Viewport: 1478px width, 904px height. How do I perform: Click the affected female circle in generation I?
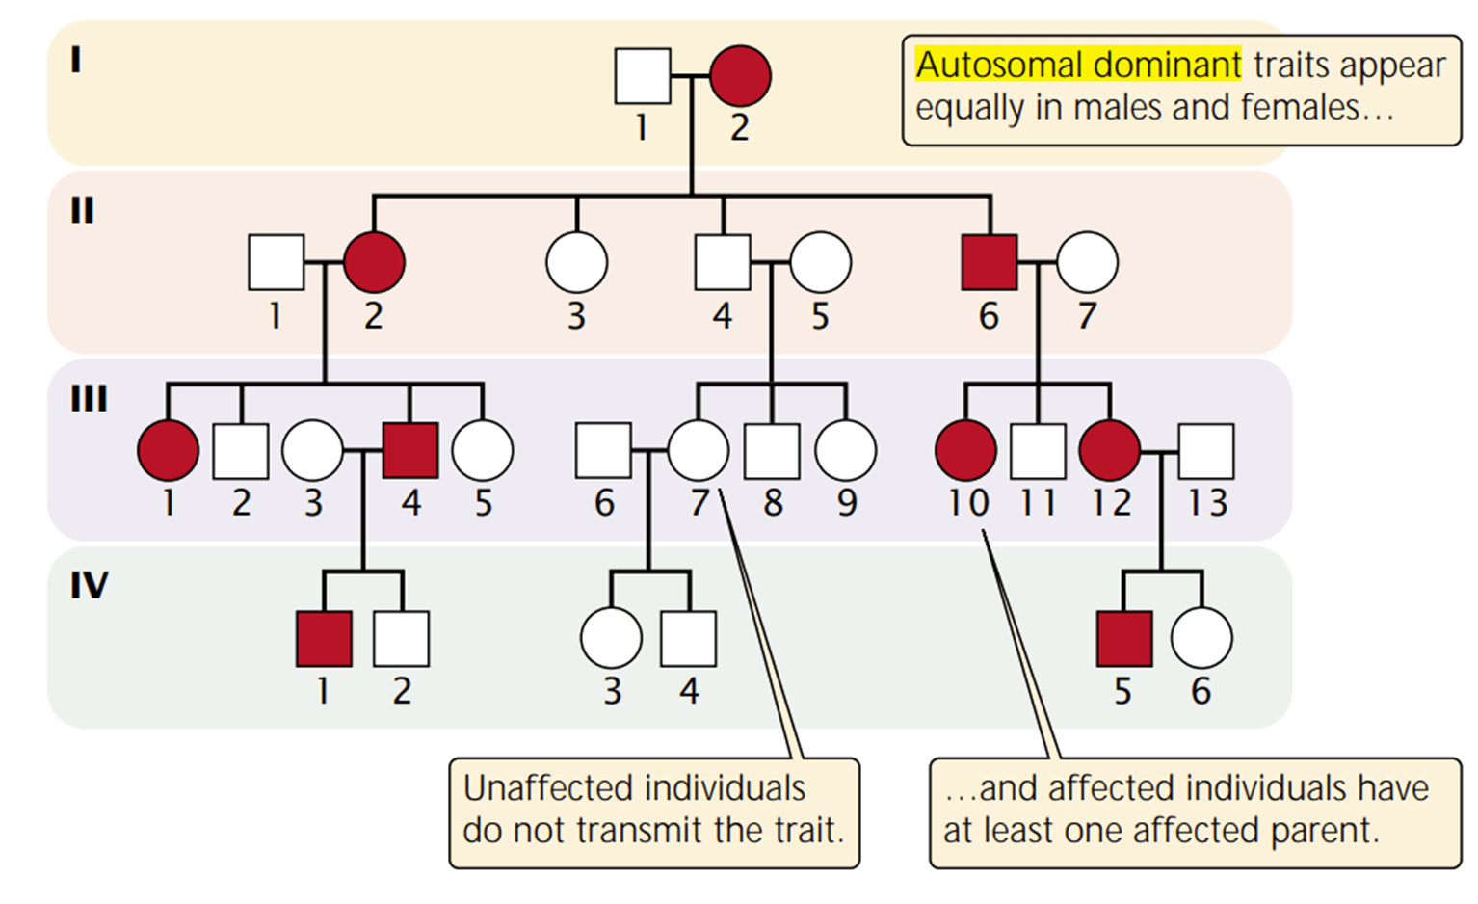coord(740,76)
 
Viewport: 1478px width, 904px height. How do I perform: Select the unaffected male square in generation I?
coord(643,76)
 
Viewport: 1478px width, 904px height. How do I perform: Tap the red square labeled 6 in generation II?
coord(990,262)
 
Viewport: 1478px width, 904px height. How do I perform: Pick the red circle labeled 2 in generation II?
coord(374,262)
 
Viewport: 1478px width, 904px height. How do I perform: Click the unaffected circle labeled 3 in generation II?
coord(576,262)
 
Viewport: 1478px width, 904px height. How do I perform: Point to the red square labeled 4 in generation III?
coord(410,450)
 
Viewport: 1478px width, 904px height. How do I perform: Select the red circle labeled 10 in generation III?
coord(965,450)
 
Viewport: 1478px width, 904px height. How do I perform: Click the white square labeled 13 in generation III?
coord(1206,451)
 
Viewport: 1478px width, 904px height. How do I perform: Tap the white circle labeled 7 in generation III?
coord(698,450)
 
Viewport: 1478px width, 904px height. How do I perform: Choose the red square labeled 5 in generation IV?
coord(1124,638)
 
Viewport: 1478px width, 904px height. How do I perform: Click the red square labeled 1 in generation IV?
coord(324,638)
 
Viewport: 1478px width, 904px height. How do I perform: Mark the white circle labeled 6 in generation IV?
coord(1201,638)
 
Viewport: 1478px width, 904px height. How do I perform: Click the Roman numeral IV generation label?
coord(89,585)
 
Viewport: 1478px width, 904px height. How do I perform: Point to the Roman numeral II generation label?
coord(82,210)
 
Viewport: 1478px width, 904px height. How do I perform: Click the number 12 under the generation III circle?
coord(1111,503)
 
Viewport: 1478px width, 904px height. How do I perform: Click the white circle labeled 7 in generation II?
coord(1087,262)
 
